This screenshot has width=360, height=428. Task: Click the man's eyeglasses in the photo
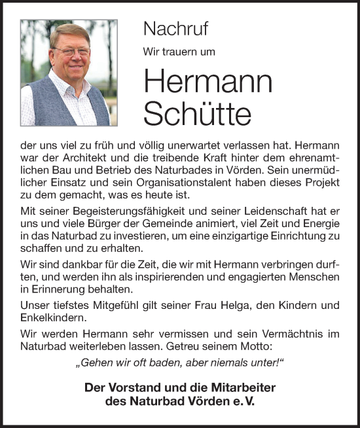click(x=71, y=50)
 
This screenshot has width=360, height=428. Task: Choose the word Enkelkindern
click(x=51, y=318)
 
